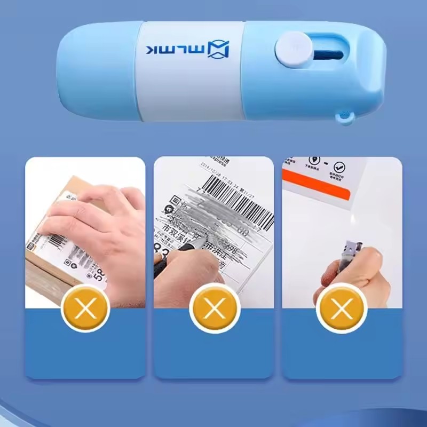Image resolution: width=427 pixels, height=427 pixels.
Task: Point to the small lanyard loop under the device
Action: point(346,118)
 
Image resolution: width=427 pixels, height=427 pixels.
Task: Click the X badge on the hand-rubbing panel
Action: point(85,308)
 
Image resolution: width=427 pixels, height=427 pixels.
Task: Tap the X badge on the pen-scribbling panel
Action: point(213,308)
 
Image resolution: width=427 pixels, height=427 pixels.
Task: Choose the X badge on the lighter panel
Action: point(342,308)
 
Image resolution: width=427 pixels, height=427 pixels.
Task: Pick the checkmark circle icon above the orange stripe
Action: point(338,168)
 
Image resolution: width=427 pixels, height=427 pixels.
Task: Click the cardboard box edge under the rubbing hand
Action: point(43,278)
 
